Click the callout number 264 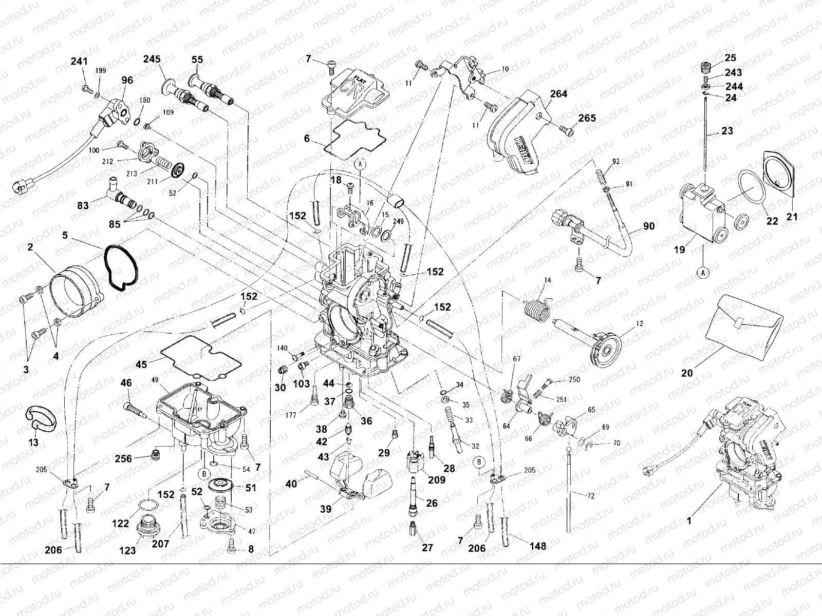558,94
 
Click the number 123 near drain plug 127,551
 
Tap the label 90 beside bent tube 649,226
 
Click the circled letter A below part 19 702,273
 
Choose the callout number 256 123,458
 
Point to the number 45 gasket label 141,364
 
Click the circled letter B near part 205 479,461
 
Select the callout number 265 587,118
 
